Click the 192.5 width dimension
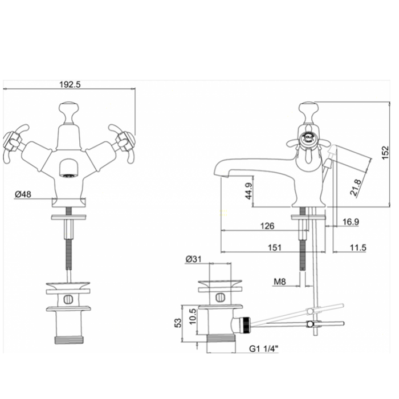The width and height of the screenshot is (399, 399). tap(70, 84)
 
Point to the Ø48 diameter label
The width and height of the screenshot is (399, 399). tap(23, 194)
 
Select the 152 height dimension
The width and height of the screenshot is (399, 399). tap(386, 152)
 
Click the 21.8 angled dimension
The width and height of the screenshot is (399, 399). tap(356, 188)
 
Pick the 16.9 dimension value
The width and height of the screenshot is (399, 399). tap(351, 222)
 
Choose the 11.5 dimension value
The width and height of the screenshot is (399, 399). tap(358, 247)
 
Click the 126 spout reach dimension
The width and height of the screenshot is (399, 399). tap(267, 226)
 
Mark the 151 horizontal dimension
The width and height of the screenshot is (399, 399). tap(275, 247)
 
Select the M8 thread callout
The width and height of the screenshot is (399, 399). tap(280, 282)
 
